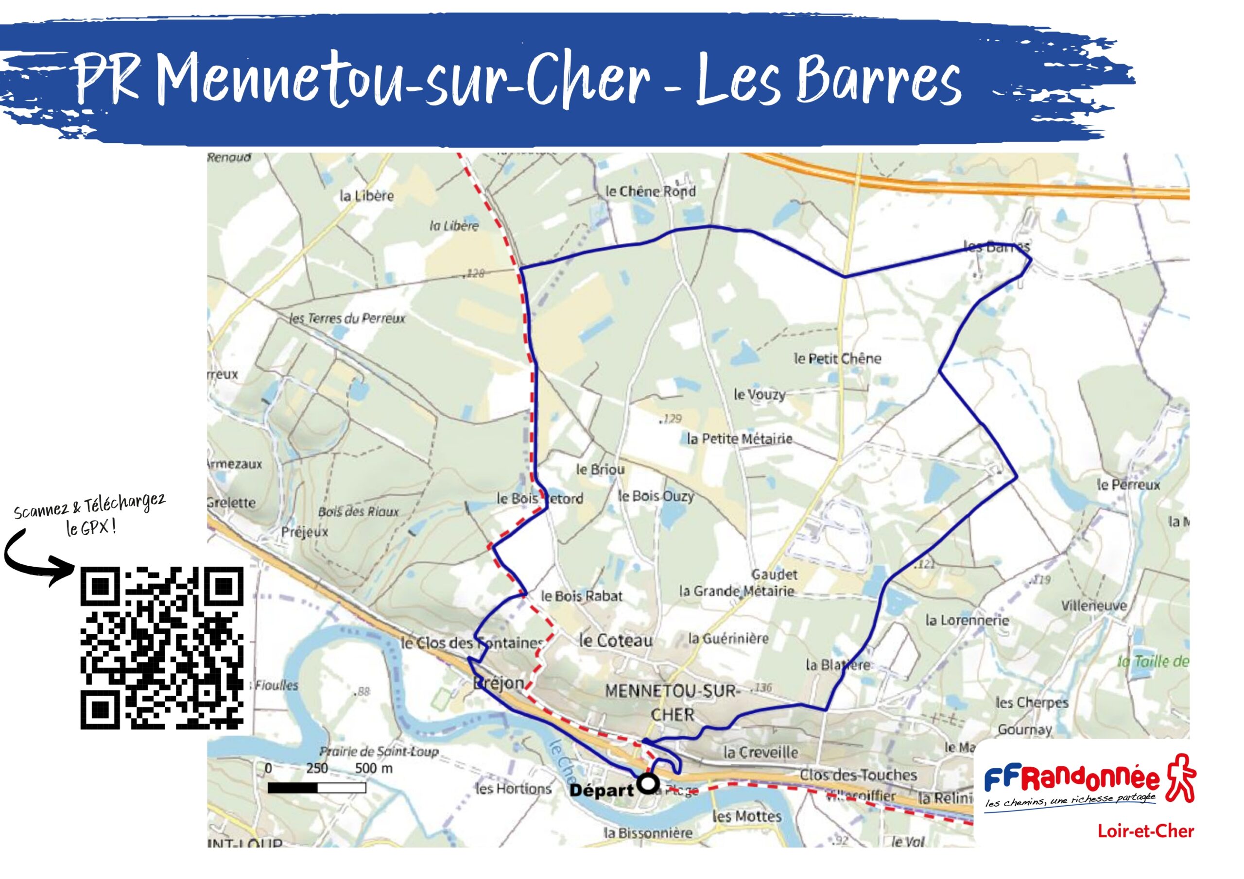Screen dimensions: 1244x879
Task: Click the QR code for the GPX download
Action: click(x=162, y=648)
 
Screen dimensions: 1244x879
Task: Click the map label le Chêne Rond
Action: click(x=650, y=191)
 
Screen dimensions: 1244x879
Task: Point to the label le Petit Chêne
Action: click(x=837, y=358)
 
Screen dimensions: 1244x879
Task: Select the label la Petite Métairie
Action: click(x=739, y=439)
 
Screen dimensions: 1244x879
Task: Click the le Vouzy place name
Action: click(x=759, y=395)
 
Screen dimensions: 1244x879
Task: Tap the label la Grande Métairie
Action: click(x=736, y=591)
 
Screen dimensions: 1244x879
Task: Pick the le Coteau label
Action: click(x=616, y=641)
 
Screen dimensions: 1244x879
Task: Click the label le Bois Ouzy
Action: click(x=656, y=496)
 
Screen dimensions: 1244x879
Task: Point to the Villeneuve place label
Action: click(x=1093, y=606)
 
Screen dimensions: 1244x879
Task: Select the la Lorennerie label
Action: click(x=967, y=620)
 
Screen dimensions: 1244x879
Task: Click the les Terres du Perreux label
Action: click(x=347, y=319)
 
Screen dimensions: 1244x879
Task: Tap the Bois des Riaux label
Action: click(x=358, y=512)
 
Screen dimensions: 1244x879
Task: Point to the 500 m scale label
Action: click(x=373, y=768)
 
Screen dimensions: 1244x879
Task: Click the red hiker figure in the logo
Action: click(x=1179, y=778)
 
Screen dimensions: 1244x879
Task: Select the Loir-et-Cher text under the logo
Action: click(x=1145, y=831)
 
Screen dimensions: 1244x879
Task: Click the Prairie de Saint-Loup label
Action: click(x=378, y=752)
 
